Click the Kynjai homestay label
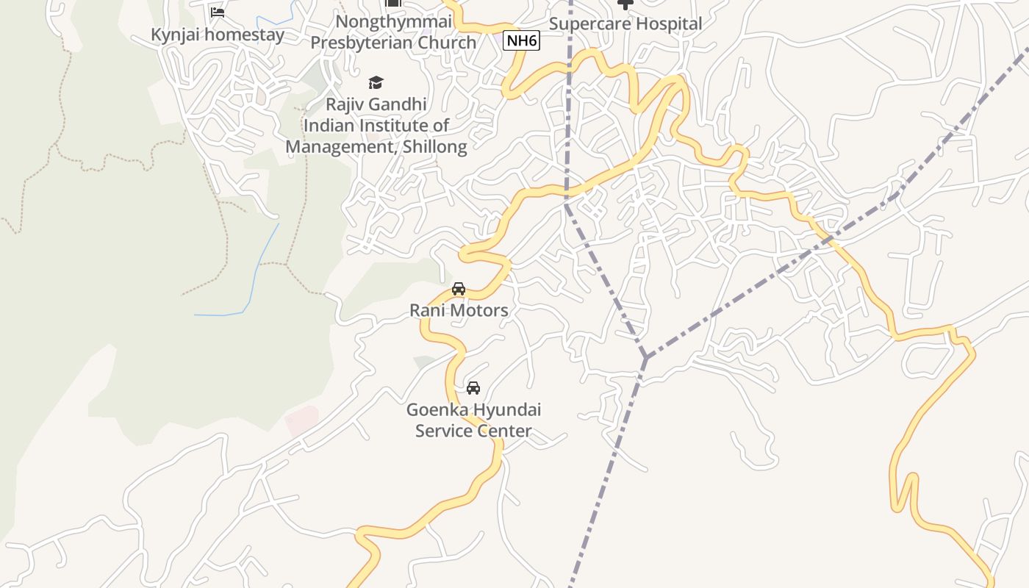217,35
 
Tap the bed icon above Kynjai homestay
217,12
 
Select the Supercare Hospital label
625,24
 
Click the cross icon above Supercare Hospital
625,4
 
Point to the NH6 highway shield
521,40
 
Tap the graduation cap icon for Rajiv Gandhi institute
376,82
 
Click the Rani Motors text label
459,310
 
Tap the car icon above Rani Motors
459,289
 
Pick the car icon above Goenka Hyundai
473,387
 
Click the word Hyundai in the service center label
506,409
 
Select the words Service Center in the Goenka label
473,431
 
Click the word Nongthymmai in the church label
393,21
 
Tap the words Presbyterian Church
393,43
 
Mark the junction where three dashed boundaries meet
645,358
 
